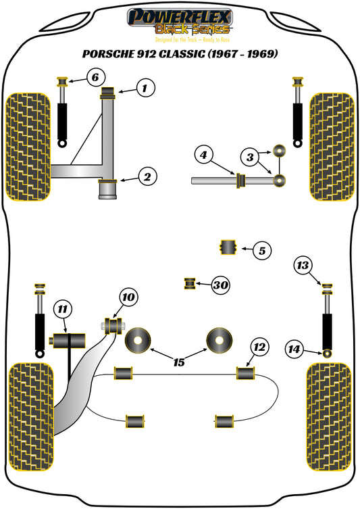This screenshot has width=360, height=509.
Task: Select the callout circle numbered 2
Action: (x=147, y=178)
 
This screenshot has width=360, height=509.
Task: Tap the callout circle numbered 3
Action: (x=251, y=157)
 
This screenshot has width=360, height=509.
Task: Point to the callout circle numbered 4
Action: (x=203, y=155)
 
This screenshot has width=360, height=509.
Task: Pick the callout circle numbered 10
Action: (x=128, y=297)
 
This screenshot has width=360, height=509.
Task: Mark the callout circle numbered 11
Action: (x=63, y=310)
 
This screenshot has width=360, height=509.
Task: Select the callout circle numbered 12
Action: (x=259, y=348)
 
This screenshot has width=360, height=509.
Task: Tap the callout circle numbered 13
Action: (x=304, y=266)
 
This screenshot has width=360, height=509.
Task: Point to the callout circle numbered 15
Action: (x=178, y=363)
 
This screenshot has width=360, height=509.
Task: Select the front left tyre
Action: (x=28, y=147)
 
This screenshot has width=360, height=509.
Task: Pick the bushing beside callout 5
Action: (x=228, y=248)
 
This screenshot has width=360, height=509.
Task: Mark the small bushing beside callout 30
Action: (x=190, y=283)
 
